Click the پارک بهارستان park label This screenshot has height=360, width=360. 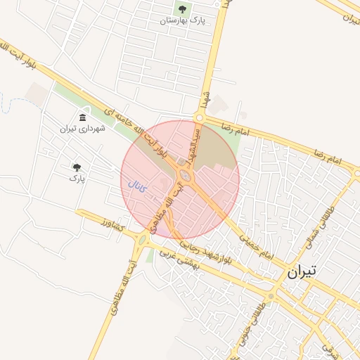click(x=182, y=21)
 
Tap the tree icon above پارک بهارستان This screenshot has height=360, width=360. click(x=182, y=9)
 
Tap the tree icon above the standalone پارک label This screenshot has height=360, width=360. click(x=77, y=167)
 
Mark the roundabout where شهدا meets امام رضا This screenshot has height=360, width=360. click(x=199, y=117)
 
